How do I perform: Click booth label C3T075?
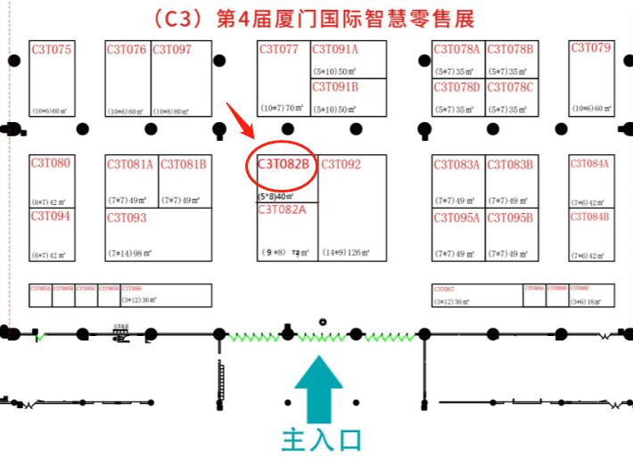[x=51, y=50]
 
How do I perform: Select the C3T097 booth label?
[x=171, y=50]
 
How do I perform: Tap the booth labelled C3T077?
[x=279, y=49]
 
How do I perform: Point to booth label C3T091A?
[x=335, y=50]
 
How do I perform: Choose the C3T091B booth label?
[x=335, y=86]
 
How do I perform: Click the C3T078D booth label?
[x=456, y=87]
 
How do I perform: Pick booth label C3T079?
[x=591, y=48]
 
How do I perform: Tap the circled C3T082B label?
[x=284, y=164]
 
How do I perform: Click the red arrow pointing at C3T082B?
[x=238, y=119]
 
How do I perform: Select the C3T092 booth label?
[x=341, y=164]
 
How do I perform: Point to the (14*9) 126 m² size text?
[x=346, y=253]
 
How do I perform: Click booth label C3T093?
[x=127, y=217]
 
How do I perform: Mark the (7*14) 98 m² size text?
[x=129, y=253]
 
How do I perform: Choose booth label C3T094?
[x=50, y=216]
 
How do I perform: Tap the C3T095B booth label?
[x=510, y=217]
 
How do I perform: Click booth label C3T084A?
[x=590, y=164]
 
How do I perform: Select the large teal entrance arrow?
[x=318, y=389]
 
